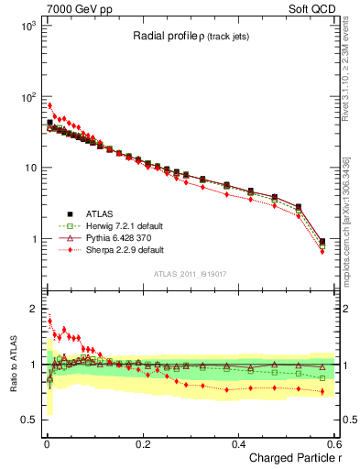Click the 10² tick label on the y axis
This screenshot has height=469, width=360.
click(x=29, y=97)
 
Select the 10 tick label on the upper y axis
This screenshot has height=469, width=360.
click(x=31, y=168)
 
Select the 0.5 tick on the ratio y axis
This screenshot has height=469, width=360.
click(x=31, y=420)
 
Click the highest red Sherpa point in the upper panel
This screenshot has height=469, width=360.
click(x=49, y=105)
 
